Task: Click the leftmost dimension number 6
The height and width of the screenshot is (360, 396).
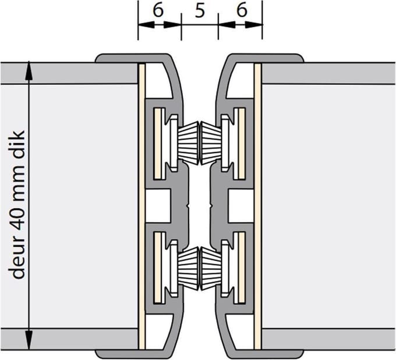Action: coord(158,10)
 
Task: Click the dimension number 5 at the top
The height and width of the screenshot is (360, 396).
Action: coord(200,11)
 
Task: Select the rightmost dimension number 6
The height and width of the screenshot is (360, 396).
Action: coord(242,10)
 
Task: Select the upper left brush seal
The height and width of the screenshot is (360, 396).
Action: coord(188,143)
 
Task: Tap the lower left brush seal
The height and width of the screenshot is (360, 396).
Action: coord(188,269)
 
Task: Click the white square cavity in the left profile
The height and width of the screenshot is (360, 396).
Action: coord(158,206)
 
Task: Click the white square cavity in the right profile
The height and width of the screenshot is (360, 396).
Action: coord(241,206)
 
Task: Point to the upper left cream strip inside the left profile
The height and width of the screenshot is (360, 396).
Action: coord(158,144)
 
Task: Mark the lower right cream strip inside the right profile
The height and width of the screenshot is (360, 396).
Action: coord(242,268)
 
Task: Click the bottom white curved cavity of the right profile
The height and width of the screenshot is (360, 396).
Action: coord(239,332)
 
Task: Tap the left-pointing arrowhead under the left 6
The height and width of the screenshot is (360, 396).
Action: coord(146,24)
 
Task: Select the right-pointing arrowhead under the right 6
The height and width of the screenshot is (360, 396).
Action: coord(254,24)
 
